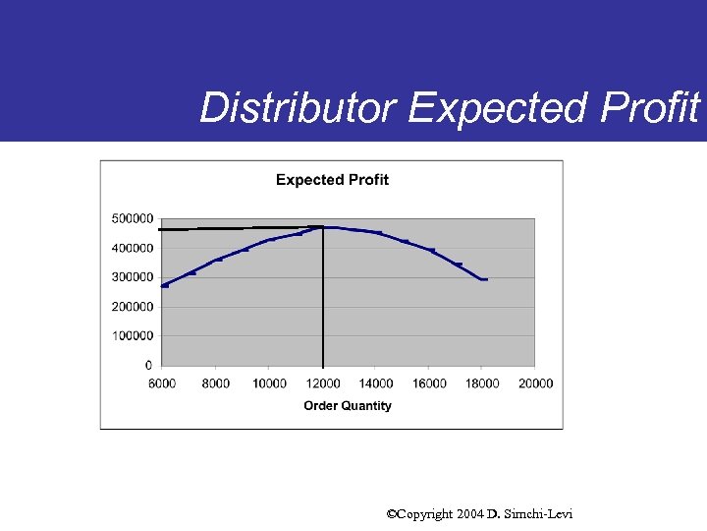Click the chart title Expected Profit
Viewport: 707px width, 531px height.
coord(332,180)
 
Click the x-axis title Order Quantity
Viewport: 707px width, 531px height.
coord(348,406)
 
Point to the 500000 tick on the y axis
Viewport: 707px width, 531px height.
coord(133,218)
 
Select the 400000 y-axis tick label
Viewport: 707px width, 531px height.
coord(133,248)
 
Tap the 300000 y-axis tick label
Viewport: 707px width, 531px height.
coord(133,277)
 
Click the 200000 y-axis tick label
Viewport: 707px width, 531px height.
coord(133,307)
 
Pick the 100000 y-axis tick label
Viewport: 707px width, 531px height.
coord(133,336)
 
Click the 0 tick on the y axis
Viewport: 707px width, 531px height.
coord(148,366)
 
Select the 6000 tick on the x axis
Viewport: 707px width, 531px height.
coord(162,383)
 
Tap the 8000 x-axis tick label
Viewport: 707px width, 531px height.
coord(216,383)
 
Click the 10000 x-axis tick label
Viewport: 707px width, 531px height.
coord(269,383)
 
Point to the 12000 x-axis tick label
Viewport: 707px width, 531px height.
coord(323,383)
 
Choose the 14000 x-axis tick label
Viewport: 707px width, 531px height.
coord(376,383)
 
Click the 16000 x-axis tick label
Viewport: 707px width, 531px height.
coord(429,383)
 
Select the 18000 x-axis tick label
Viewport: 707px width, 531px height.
coord(482,383)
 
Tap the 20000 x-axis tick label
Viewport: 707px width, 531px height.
coord(536,383)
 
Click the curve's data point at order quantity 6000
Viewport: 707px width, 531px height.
coord(165,285)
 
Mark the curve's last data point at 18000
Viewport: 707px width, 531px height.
coord(483,279)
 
